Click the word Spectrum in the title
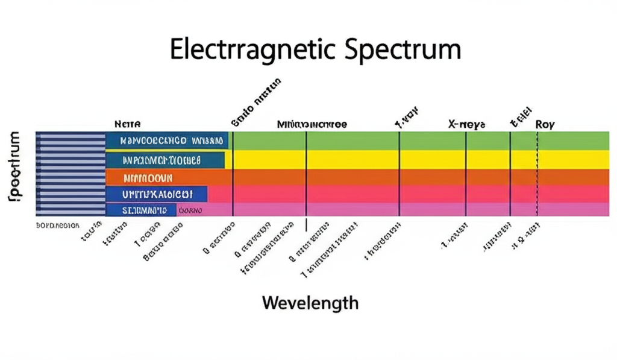pos(401,51)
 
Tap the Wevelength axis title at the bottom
pos(310,302)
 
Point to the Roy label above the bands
pos(545,124)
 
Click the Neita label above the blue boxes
pos(127,124)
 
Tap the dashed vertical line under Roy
pos(537,181)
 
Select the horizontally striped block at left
pos(70,174)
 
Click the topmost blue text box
pos(167,141)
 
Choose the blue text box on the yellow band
pos(164,160)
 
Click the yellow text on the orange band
pos(148,178)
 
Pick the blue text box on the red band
pos(157,194)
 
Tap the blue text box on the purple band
pos(141,210)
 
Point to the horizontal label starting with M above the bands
pos(312,124)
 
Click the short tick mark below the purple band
pos(306,224)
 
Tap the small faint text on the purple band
pos(190,210)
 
